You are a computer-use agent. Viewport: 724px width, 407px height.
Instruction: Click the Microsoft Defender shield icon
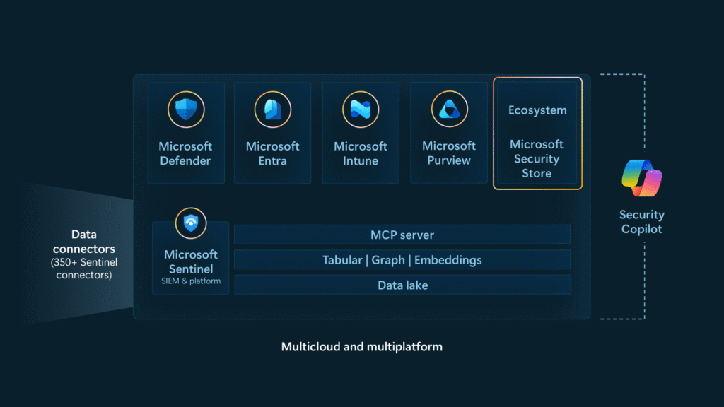click(x=185, y=110)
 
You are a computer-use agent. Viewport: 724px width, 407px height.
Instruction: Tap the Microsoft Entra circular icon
click(x=273, y=110)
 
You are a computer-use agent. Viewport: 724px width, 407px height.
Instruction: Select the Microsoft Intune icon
click(x=361, y=110)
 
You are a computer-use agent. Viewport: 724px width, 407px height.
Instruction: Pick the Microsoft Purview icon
click(x=449, y=110)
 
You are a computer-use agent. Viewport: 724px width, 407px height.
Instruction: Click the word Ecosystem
click(x=537, y=110)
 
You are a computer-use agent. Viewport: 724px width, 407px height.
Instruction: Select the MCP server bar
click(x=402, y=235)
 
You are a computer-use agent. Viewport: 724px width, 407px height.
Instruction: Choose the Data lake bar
click(x=402, y=285)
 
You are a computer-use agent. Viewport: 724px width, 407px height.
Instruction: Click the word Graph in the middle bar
click(x=388, y=260)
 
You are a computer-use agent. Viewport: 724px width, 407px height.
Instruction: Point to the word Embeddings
click(x=448, y=260)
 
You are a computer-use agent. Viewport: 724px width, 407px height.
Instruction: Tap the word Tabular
click(x=342, y=260)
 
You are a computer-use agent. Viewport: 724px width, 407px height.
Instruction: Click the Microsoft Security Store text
click(x=537, y=159)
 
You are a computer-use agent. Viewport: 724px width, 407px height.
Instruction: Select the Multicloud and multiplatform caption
click(x=362, y=347)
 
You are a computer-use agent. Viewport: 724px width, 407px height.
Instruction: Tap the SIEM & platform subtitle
click(x=190, y=281)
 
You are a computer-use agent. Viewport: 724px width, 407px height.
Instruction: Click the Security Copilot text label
click(x=642, y=222)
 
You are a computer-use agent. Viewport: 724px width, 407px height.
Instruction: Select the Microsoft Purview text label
click(x=449, y=153)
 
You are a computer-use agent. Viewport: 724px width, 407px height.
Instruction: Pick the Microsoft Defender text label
click(x=185, y=153)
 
